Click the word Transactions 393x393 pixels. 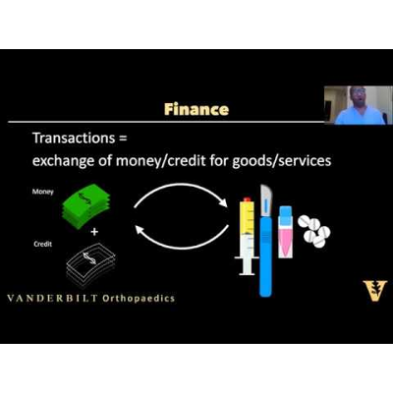[79, 140]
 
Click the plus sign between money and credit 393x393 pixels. [94, 232]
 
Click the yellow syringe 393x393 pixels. [246, 236]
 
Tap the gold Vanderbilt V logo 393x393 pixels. [374, 292]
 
